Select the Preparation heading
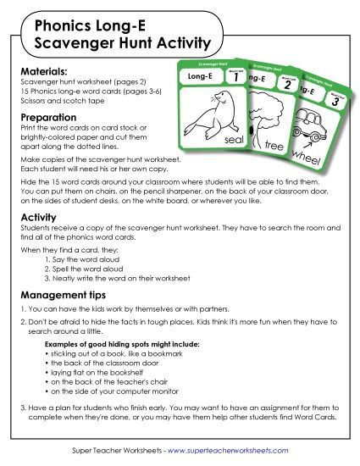(49, 118)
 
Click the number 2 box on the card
(288, 84)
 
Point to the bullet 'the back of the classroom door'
(107, 363)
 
